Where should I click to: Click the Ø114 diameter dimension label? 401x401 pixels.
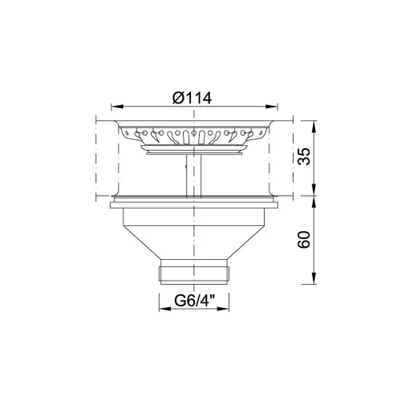point(192,98)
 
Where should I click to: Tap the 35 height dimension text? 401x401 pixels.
point(304,156)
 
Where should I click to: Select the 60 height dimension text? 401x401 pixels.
point(304,239)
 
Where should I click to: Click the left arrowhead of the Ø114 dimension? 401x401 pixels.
point(117,107)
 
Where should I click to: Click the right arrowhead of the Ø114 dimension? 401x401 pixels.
point(272,107)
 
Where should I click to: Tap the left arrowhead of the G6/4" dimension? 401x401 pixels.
point(165,309)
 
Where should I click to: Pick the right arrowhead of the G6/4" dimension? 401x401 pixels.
point(223,309)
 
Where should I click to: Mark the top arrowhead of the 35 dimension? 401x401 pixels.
point(314,127)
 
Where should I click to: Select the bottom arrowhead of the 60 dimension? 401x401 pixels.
point(314,278)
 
